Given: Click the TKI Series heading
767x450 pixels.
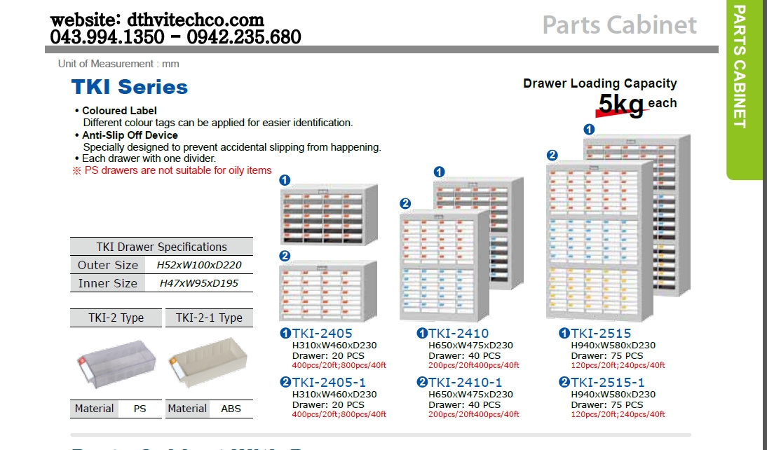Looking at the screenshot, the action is tap(130, 87).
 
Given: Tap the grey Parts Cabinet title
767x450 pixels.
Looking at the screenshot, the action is tap(619, 25).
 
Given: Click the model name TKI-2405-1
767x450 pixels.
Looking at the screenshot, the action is tap(329, 382).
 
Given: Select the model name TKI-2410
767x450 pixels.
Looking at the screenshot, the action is tap(459, 333).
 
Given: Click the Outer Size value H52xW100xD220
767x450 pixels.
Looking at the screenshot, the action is tap(199, 265).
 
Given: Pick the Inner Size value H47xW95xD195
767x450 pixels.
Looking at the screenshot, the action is tap(199, 283).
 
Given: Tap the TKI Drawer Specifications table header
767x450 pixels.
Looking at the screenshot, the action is tap(161, 247).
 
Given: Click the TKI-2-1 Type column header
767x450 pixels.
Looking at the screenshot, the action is tap(209, 318).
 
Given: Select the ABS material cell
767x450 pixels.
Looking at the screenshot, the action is tap(231, 409).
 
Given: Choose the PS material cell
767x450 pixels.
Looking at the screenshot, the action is tap(140, 409).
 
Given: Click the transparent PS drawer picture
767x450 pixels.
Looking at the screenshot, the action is tap(116, 364).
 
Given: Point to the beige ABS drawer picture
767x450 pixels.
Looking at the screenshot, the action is tap(208, 362).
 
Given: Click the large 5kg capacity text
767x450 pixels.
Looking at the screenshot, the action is tap(621, 104).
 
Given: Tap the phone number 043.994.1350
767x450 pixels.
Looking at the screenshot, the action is tap(107, 37).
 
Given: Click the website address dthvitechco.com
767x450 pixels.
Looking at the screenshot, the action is tap(196, 20).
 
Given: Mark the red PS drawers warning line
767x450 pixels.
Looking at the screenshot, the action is tap(172, 170).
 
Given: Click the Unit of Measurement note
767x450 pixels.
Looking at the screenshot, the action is tap(118, 64).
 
